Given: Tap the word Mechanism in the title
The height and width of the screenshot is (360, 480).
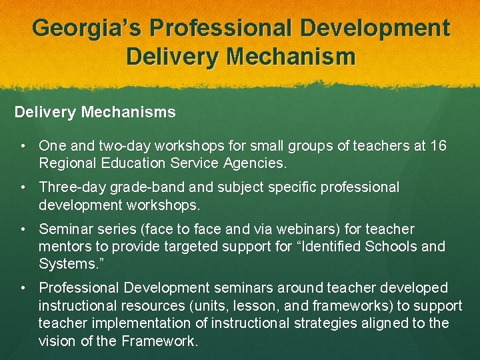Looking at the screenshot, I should point(291,56).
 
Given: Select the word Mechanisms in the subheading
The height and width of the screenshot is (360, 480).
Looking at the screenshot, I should point(129,112).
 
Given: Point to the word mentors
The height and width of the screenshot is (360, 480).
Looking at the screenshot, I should point(69,247).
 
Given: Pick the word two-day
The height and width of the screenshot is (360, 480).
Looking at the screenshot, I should point(121,145).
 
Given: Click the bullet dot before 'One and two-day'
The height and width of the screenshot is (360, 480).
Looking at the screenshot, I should point(23,145).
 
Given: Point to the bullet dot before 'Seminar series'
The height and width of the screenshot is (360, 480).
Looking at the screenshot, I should point(23,229).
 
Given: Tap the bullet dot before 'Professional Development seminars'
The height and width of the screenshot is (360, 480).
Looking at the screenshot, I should point(23,288).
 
